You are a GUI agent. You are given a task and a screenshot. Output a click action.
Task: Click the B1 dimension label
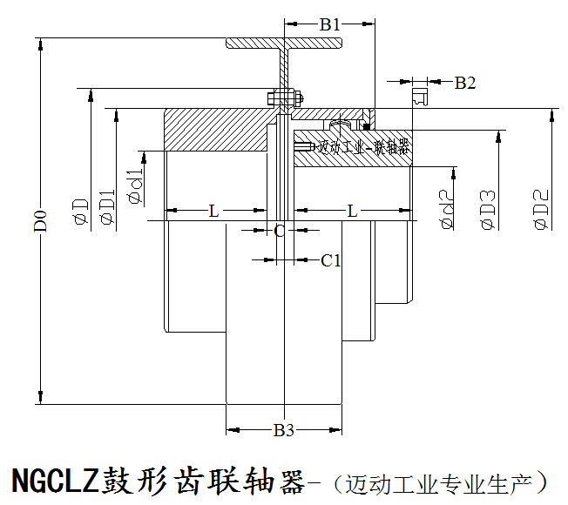click(x=329, y=25)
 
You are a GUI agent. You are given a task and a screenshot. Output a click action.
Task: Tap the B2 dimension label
click(x=465, y=83)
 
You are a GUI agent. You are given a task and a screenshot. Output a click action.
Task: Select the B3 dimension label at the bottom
click(x=284, y=429)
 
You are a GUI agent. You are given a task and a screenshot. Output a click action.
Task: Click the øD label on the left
click(x=80, y=211)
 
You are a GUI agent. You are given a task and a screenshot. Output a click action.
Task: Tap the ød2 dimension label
click(x=446, y=209)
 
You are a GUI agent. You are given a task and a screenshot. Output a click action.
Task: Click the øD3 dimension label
click(x=488, y=209)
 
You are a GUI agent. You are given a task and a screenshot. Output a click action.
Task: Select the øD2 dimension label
click(x=540, y=209)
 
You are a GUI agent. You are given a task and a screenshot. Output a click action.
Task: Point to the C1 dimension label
click(x=330, y=259)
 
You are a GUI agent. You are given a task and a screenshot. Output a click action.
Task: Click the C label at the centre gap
click(x=280, y=231)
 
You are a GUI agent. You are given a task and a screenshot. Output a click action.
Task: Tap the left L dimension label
click(x=213, y=211)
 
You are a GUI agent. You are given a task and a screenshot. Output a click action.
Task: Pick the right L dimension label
click(x=352, y=211)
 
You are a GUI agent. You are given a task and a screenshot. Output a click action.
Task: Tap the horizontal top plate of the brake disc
click(x=284, y=43)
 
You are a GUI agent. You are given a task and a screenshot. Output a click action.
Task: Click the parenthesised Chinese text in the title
click(x=444, y=481)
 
